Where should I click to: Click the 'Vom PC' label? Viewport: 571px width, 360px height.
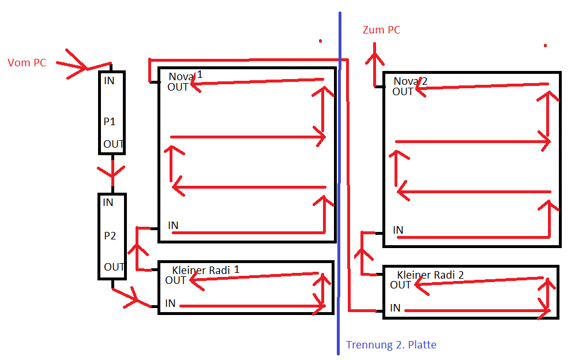click(x=27, y=63)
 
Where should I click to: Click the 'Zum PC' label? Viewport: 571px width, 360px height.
click(x=381, y=30)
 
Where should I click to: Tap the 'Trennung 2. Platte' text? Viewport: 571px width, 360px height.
click(x=391, y=345)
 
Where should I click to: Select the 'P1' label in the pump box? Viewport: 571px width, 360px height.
click(x=110, y=122)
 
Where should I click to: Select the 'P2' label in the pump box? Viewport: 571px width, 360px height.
click(x=110, y=235)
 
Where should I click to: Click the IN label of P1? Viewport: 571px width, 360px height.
click(x=109, y=81)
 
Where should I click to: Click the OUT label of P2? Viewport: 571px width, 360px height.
click(x=114, y=267)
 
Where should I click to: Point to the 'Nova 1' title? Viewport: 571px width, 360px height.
click(x=186, y=76)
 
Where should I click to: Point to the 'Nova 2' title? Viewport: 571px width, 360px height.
click(x=411, y=81)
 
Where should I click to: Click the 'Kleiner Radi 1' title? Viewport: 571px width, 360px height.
click(x=205, y=269)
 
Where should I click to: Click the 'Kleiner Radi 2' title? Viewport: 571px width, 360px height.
click(x=430, y=275)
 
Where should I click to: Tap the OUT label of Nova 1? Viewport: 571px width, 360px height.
click(x=178, y=87)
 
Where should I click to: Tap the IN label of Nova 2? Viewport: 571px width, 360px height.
click(x=398, y=230)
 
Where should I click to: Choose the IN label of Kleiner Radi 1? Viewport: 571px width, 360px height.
click(x=170, y=303)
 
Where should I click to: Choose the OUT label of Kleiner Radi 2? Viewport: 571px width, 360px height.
click(x=400, y=284)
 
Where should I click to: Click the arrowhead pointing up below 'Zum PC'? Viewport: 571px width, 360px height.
click(x=375, y=58)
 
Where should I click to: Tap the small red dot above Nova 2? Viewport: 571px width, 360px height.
click(x=544, y=45)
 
